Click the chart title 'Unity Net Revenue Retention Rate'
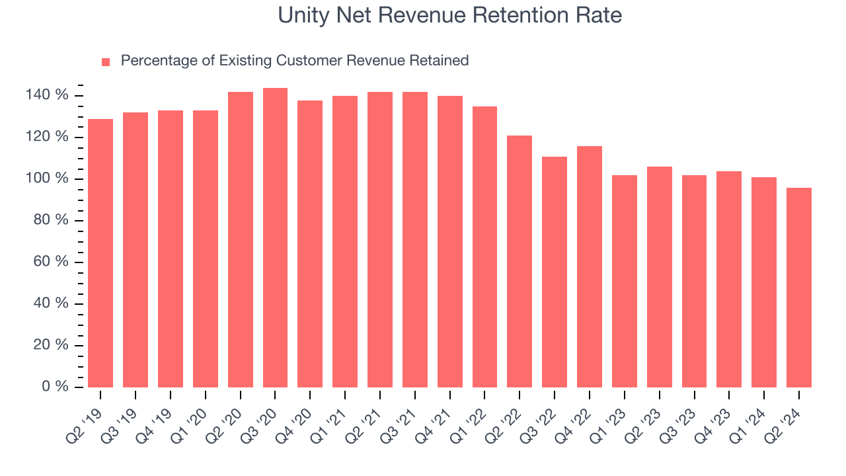pyautogui.click(x=449, y=15)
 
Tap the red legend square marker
pyautogui.click(x=106, y=61)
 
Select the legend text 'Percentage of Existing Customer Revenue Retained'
pyautogui.click(x=295, y=61)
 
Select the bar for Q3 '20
pyautogui.click(x=275, y=238)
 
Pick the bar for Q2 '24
pyautogui.click(x=798, y=288)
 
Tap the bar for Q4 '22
pyautogui.click(x=590, y=266)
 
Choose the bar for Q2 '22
pyautogui.click(x=519, y=261)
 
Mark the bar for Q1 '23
pyautogui.click(x=624, y=281)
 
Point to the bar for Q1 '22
pyautogui.click(x=484, y=247)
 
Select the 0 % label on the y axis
pyautogui.click(x=56, y=387)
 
